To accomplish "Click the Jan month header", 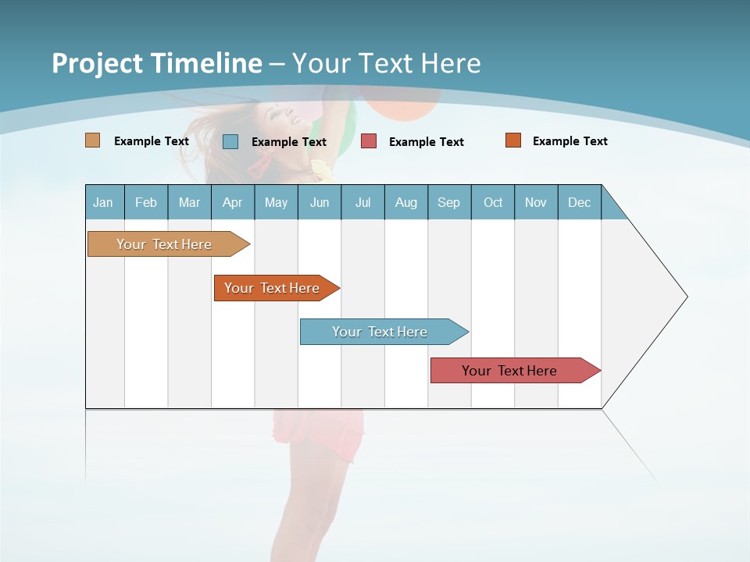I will coord(104,202).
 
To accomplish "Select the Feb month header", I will coord(146,202).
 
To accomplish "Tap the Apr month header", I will coord(233,202).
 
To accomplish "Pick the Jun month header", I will coord(320,202).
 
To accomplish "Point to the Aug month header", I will coord(406,202).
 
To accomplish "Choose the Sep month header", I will coord(449,202).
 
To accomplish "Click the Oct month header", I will coord(493,202).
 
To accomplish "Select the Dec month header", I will coord(580,202).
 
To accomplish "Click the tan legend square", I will coord(93,140).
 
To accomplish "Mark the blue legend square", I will coord(230,141).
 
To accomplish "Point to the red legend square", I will coord(369,141).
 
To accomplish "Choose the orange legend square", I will coord(513,140).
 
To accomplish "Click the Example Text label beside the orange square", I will coord(570,141).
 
